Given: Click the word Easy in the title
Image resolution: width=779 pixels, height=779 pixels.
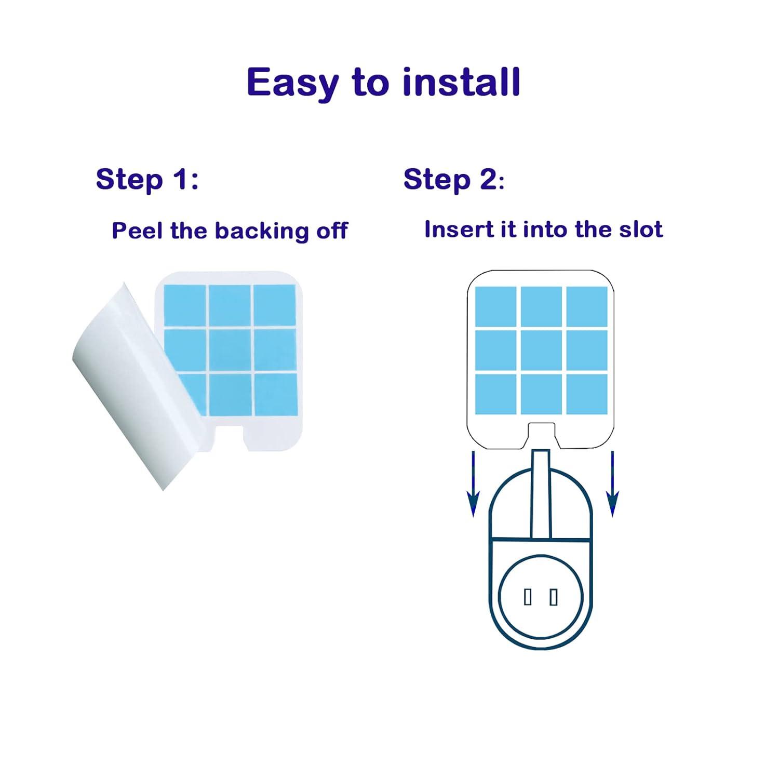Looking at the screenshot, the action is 292,83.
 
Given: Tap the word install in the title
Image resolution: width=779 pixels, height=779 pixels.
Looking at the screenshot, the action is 461,82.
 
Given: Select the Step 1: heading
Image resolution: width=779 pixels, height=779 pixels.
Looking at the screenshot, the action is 147,180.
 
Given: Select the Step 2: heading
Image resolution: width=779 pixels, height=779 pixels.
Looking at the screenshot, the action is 453,180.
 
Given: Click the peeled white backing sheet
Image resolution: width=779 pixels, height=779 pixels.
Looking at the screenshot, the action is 138,384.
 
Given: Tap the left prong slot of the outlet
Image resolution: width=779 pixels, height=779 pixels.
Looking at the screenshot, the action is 528,597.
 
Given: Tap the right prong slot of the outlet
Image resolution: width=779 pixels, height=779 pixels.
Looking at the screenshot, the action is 554,597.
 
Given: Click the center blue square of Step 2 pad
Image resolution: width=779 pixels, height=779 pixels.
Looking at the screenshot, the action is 541,351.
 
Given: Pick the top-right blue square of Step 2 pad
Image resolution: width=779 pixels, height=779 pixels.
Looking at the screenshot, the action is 587,306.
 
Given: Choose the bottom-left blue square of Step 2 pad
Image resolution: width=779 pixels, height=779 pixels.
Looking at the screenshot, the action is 496,395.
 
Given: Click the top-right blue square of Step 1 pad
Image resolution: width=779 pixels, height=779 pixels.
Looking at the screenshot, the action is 274,305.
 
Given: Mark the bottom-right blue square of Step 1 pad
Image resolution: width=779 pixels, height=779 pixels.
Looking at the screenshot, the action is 275,395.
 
